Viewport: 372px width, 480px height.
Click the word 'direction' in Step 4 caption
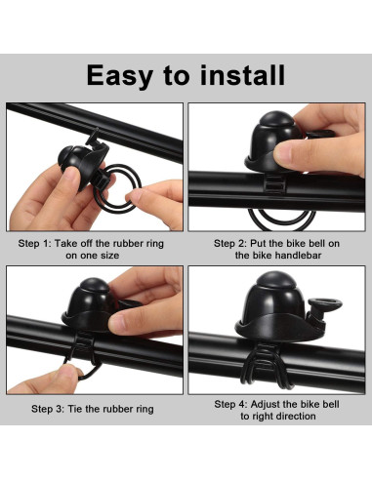296,417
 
